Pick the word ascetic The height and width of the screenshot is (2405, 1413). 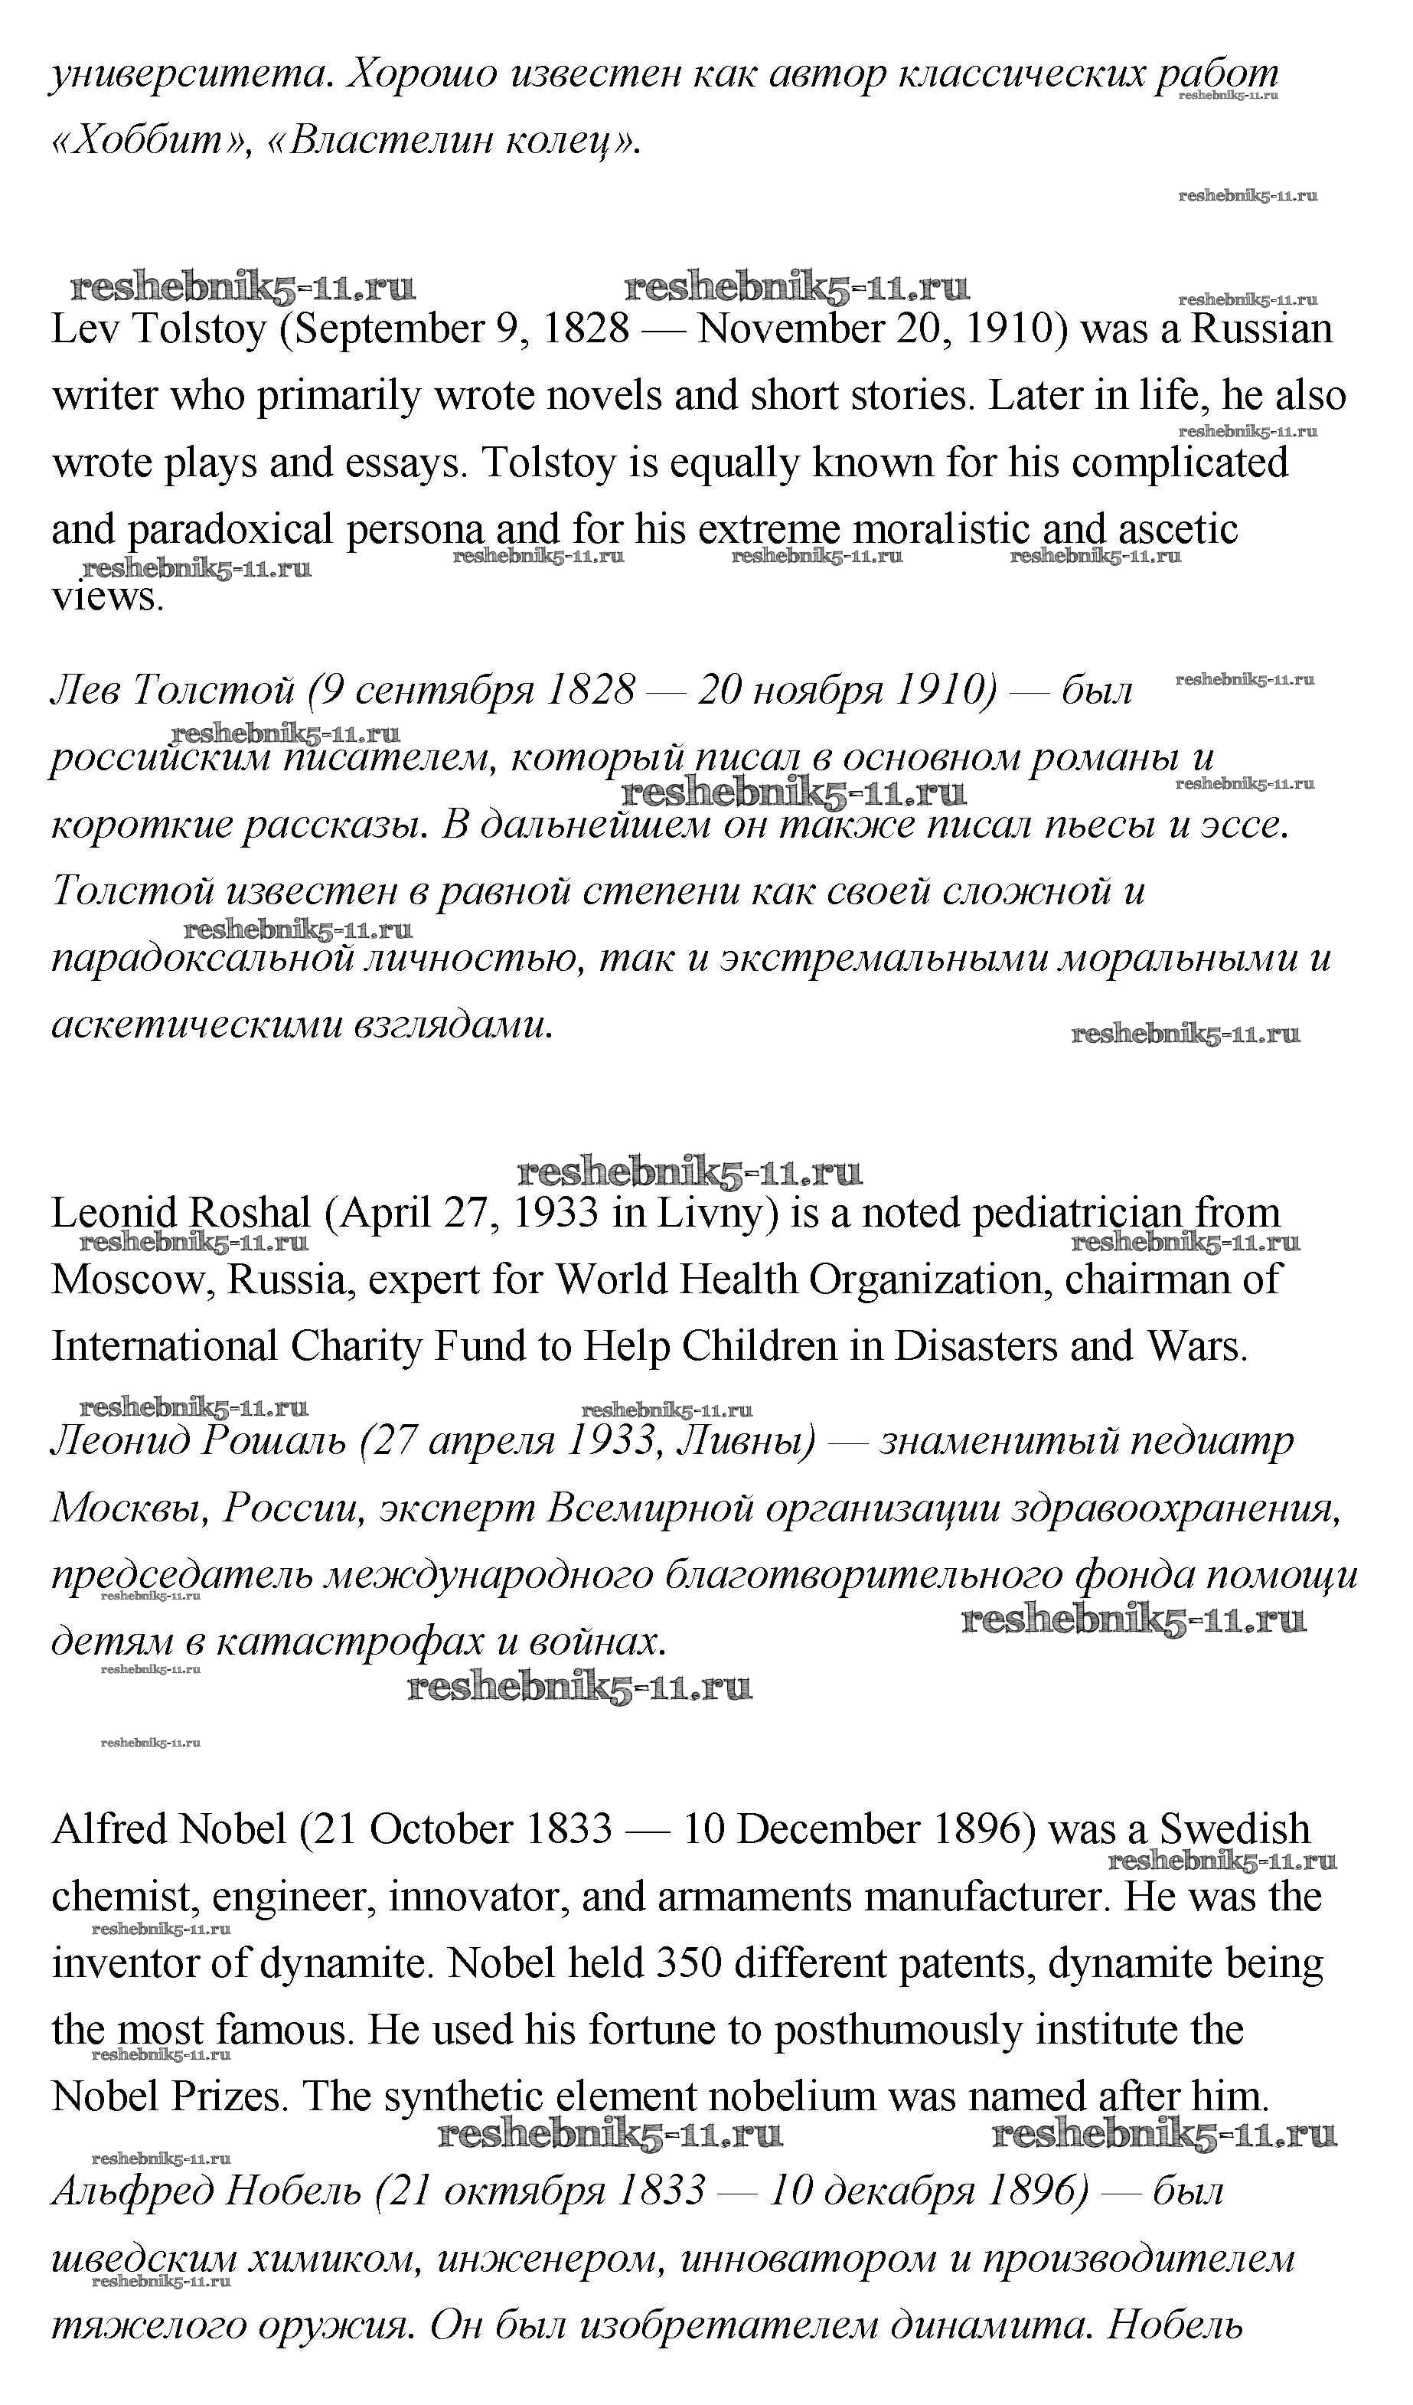pos(1177,531)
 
